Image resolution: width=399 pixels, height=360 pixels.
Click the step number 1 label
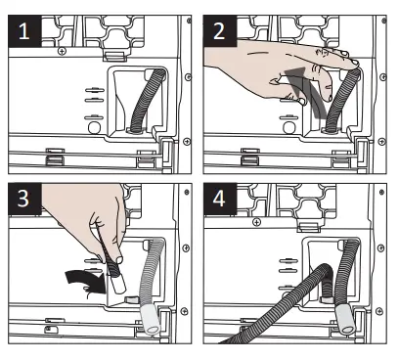point(24,31)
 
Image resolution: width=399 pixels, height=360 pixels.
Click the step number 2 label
point(219,31)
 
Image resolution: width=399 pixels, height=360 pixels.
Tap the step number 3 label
point(23,199)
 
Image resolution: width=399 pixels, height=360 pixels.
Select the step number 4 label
point(219,199)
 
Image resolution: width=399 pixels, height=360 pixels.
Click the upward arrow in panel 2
point(305,90)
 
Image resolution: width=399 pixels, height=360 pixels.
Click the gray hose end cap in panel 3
point(150,320)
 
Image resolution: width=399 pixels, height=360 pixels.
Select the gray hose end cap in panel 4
point(344,320)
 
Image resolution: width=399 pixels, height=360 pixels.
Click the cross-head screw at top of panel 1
point(62,51)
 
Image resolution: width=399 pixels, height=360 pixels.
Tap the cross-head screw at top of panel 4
point(257,223)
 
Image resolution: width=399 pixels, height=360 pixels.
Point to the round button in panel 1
point(95,127)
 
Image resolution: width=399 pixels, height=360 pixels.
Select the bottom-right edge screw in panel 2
point(382,142)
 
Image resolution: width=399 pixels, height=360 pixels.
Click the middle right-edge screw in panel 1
point(188,77)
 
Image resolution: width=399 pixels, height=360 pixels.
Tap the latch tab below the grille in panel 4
point(309,227)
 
